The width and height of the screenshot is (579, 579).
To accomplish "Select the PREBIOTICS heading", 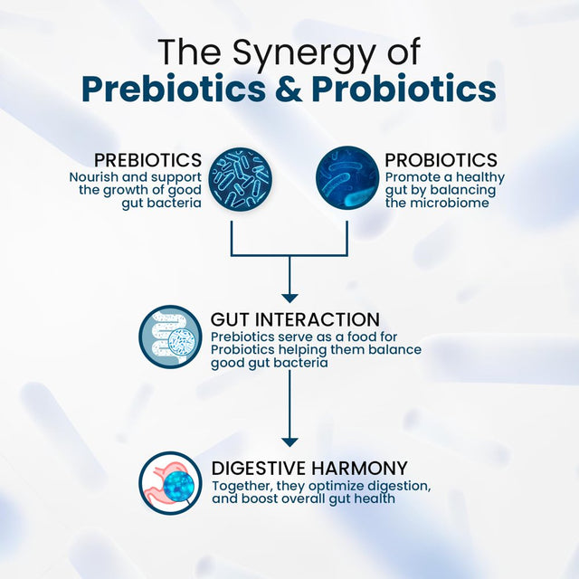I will [x=148, y=160].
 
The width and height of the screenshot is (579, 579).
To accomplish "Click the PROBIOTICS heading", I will [x=441, y=160].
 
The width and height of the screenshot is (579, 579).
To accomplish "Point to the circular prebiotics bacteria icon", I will [x=241, y=177].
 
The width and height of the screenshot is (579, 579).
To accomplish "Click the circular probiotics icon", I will [x=346, y=177].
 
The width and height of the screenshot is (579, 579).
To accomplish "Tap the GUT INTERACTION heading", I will [x=295, y=319].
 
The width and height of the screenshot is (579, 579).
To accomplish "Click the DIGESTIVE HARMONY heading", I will [x=309, y=469].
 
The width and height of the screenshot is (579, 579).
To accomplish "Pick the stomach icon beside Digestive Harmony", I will [x=171, y=483].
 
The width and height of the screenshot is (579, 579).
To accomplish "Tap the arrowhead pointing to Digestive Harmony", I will [x=289, y=440].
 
